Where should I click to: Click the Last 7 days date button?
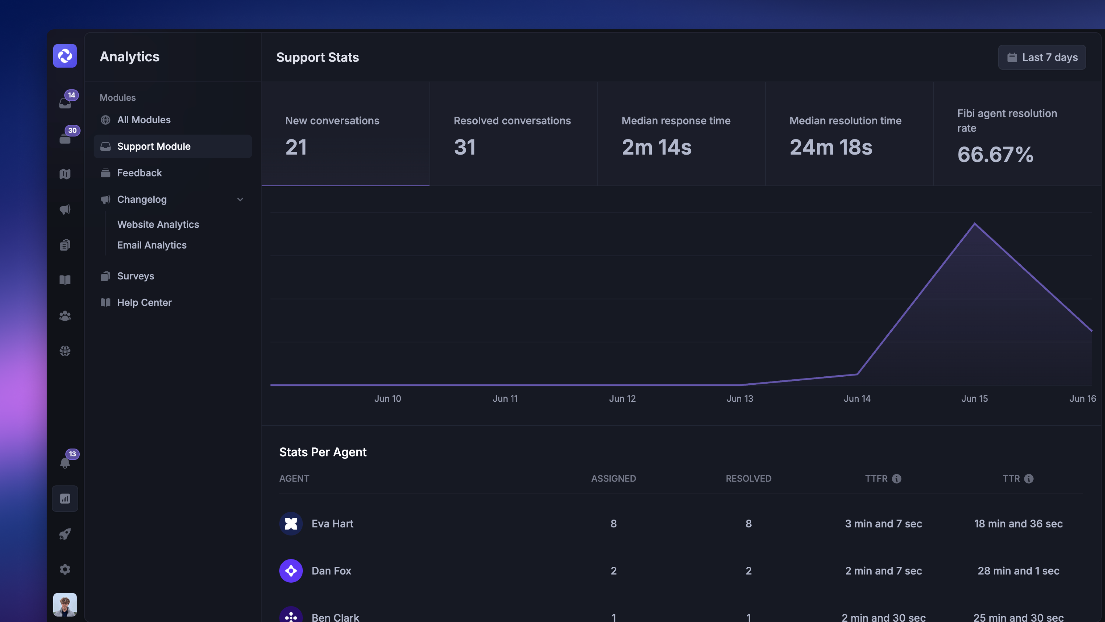pos(1042,57)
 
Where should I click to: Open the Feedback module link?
pos(139,173)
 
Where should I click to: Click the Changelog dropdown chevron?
pos(240,200)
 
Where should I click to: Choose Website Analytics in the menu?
pos(158,225)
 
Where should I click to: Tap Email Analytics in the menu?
pos(152,245)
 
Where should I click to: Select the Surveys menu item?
pos(136,276)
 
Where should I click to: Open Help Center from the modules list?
pos(144,303)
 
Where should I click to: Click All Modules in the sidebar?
pos(144,120)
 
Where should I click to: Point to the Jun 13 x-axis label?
pos(740,398)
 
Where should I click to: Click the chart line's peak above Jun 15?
pos(975,224)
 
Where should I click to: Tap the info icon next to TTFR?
pos(897,479)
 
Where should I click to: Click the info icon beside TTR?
pos(1029,479)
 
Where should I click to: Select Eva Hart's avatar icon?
pos(291,524)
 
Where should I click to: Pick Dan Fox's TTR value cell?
pos(1018,571)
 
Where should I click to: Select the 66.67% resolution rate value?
pos(995,155)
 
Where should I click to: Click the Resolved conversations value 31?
pos(464,147)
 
